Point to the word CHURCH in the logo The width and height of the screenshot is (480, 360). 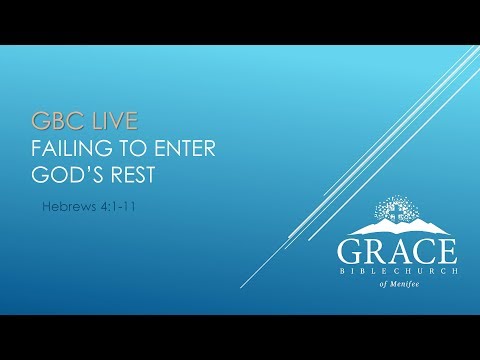coord(426,270)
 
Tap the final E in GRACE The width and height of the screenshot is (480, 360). coord(447,249)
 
